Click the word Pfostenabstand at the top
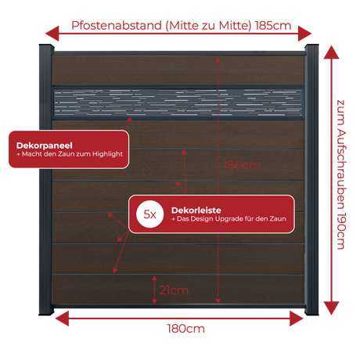[117, 26]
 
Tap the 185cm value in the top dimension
[273, 26]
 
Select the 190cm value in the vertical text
[341, 231]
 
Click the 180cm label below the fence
[185, 329]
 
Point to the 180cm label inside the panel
[242, 165]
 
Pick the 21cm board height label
[174, 290]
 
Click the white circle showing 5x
[149, 214]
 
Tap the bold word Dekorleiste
[196, 211]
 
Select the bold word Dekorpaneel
[45, 146]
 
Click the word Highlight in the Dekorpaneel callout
[107, 154]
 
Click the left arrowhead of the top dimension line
[52, 34]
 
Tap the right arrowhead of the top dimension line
[305, 34]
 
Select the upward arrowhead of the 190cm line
[331, 52]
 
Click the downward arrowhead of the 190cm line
[331, 308]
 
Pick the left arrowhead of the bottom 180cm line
[62, 319]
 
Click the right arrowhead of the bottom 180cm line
[297, 319]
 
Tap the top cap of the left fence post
[46, 47]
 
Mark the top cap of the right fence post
[311, 47]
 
